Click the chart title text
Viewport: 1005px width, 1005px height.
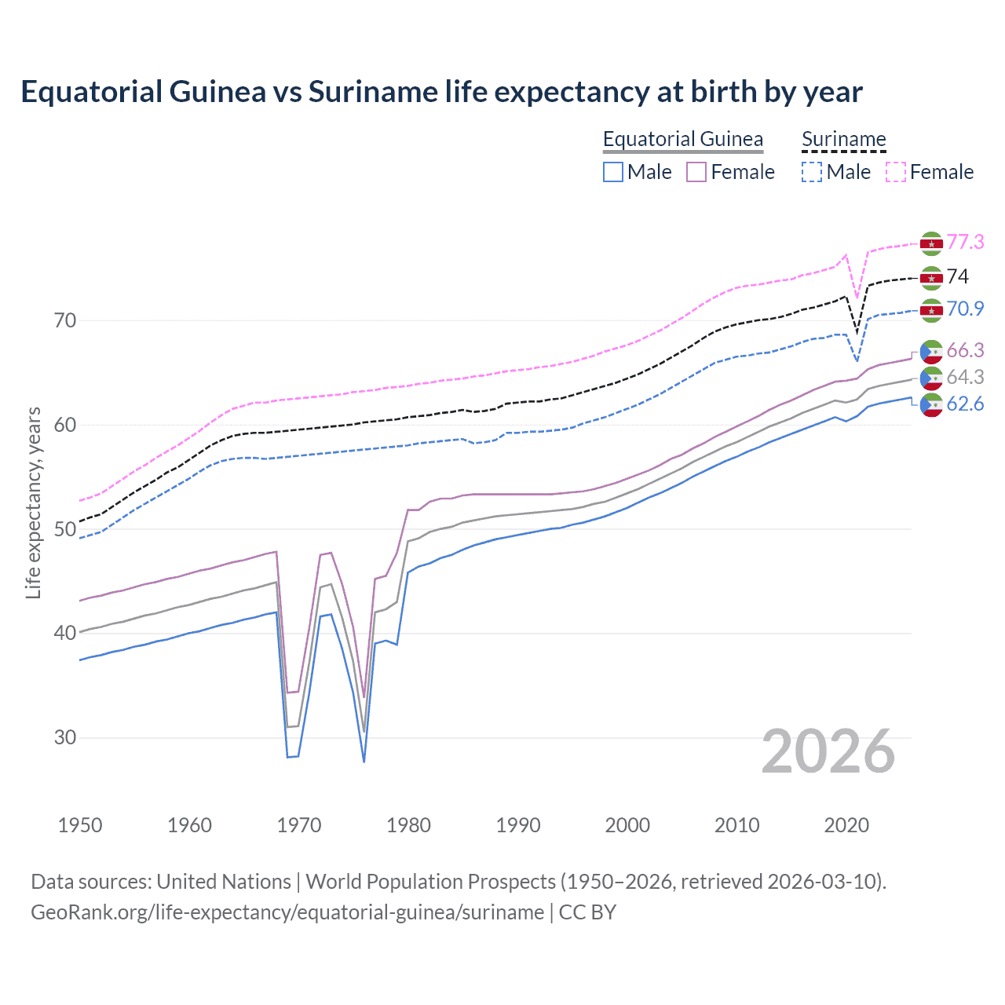441,92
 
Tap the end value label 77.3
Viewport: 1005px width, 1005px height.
965,242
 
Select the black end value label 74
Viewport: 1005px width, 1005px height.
958,276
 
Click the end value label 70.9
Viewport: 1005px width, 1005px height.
965,309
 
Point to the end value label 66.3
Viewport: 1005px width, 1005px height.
965,350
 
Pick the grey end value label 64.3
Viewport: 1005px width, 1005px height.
965,377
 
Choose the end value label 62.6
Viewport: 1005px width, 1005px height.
965,404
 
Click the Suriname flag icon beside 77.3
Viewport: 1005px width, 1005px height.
931,243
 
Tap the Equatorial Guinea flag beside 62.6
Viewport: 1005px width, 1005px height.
931,405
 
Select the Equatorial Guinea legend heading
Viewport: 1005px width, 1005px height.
682,139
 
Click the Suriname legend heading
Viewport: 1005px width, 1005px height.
843,139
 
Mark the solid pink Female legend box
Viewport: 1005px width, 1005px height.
696,172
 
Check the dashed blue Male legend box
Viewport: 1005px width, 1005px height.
811,172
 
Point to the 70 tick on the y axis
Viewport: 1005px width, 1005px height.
65,320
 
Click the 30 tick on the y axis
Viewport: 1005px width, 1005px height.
65,737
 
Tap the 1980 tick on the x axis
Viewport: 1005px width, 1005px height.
408,825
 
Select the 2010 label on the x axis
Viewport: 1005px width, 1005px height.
736,825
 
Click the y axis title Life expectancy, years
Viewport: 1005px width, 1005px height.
33,502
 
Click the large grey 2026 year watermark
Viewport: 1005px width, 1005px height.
828,751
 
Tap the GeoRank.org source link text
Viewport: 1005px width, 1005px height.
287,912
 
